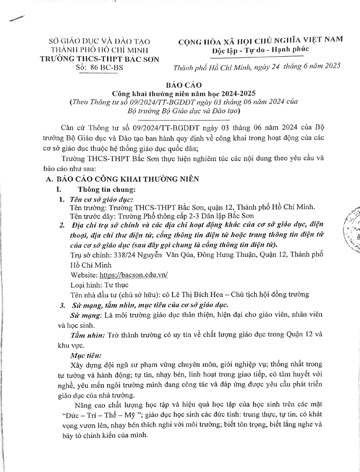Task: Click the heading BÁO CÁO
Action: click(x=184, y=85)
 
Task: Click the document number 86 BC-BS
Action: click(x=107, y=68)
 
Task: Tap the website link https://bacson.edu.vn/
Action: click(x=134, y=275)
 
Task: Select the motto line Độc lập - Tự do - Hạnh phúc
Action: click(x=260, y=50)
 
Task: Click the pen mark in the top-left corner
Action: click(x=18, y=19)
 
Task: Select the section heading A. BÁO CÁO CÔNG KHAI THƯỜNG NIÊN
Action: click(x=123, y=179)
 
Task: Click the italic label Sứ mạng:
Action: click(x=86, y=315)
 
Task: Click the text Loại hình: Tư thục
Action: click(x=99, y=284)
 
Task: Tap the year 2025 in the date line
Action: click(x=332, y=67)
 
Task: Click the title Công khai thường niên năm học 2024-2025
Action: click(x=184, y=94)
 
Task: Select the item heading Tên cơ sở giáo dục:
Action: click(x=101, y=199)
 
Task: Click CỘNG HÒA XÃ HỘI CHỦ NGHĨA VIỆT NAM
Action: click(x=260, y=41)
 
